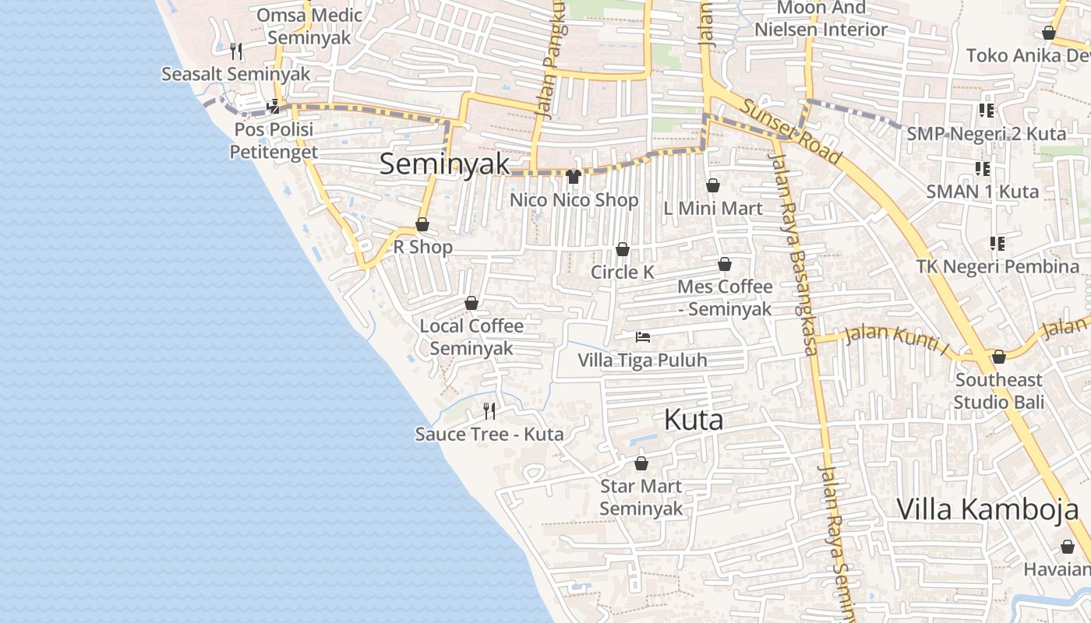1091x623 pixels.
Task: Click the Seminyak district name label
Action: [445, 164]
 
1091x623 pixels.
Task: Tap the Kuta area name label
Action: [694, 421]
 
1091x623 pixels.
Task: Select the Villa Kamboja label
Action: [987, 509]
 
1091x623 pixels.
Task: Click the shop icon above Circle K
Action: [623, 249]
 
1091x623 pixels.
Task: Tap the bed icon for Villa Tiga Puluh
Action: [643, 337]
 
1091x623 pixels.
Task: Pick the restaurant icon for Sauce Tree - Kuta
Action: [489, 410]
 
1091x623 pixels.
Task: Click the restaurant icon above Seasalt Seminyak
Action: [236, 51]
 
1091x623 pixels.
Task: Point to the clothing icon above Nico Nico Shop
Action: [574, 177]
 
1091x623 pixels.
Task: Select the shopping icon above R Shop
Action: [422, 224]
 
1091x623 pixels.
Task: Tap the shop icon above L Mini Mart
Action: [712, 185]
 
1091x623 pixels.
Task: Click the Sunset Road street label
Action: [791, 132]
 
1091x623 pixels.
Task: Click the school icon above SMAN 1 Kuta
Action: [983, 168]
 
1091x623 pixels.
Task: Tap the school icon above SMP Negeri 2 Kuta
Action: [987, 111]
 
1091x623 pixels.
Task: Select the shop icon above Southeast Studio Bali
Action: [998, 357]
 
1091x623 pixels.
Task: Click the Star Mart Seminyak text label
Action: [641, 498]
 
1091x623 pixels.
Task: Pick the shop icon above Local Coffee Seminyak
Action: [471, 303]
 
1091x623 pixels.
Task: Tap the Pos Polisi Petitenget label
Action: [274, 140]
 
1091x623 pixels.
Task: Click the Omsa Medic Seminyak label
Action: [309, 26]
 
